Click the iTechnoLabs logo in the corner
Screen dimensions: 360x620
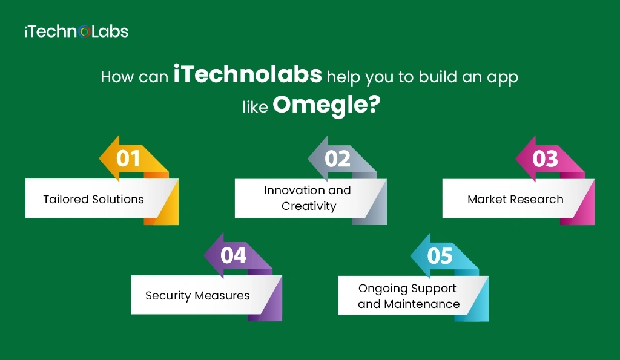pos(76,31)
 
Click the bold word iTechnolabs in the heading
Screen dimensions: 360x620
pos(248,77)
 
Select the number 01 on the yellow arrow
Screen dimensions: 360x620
pos(128,159)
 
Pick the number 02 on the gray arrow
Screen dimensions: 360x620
pos(337,159)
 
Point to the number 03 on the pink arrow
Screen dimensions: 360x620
pos(545,159)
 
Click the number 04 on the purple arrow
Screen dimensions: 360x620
pos(233,255)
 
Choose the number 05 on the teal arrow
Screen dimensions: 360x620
pos(440,255)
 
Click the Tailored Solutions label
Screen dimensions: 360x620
pos(93,199)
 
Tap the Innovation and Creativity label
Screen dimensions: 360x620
pos(308,198)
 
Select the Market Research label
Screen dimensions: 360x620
pos(515,199)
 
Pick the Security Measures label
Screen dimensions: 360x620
pos(197,296)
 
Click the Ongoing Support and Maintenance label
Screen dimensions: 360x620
pos(408,296)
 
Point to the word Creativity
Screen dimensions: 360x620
pos(309,206)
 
